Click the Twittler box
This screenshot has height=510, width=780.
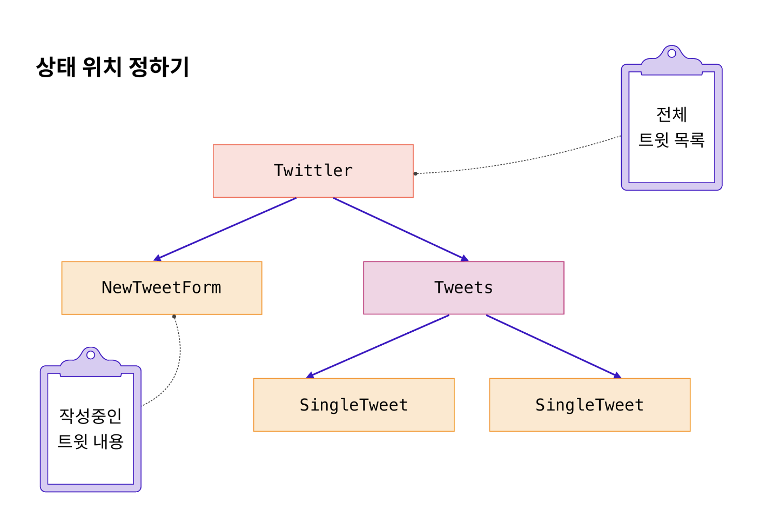pyautogui.click(x=313, y=171)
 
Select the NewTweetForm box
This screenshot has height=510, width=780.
pyautogui.click(x=162, y=288)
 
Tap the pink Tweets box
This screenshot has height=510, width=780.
pyautogui.click(x=463, y=288)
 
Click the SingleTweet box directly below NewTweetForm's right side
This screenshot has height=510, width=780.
pyautogui.click(x=354, y=405)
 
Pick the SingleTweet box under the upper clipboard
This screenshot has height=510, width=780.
pyautogui.click(x=590, y=405)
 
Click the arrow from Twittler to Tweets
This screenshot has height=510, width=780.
pyautogui.click(x=400, y=229)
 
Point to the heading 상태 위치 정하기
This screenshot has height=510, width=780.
pyautogui.click(x=112, y=67)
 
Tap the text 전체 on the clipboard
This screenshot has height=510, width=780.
pyautogui.click(x=671, y=115)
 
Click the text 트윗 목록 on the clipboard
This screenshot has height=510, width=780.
pyautogui.click(x=671, y=140)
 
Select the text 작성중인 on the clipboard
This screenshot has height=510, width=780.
pyautogui.click(x=90, y=416)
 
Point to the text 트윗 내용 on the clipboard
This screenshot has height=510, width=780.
pyautogui.click(x=90, y=441)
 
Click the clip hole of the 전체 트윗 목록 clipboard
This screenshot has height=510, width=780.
pyautogui.click(x=671, y=53)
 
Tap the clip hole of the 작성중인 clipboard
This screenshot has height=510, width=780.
pyautogui.click(x=91, y=355)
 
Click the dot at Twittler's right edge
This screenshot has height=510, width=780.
pyautogui.click(x=415, y=173)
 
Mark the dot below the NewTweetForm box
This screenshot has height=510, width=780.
pyautogui.click(x=174, y=317)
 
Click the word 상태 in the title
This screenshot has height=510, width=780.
pyautogui.click(x=56, y=67)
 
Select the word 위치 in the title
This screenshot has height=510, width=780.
pyautogui.click(x=102, y=67)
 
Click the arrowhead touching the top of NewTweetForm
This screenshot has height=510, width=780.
pyautogui.click(x=157, y=259)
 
